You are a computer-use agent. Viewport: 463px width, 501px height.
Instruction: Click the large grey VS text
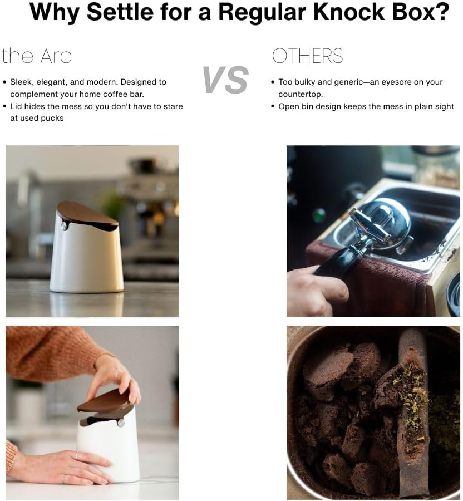[x=225, y=80]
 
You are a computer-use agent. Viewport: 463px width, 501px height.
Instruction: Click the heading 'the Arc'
[x=36, y=56]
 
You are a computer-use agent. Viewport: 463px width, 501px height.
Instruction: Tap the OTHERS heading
[x=308, y=56]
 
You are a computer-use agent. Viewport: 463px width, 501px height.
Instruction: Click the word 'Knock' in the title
[x=349, y=12]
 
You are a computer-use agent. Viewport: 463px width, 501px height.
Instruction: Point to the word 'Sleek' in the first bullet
[x=21, y=82]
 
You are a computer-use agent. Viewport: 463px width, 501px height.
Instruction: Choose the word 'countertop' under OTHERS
[x=300, y=95]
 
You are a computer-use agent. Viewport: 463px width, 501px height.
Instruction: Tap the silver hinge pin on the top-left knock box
[x=64, y=226]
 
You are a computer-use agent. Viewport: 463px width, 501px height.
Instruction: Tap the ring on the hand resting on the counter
[x=77, y=455]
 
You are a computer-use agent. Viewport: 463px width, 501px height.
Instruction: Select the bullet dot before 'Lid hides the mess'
[x=4, y=106]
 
